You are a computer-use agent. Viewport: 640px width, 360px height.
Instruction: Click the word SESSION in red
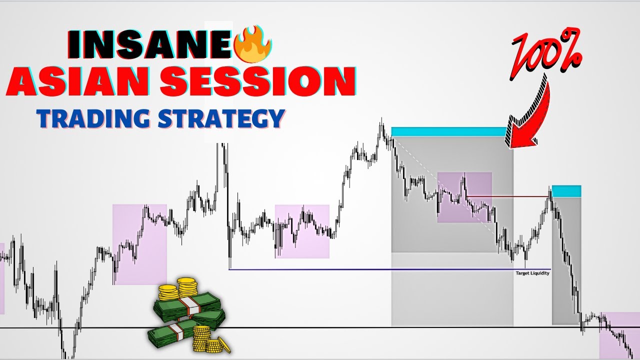(257, 81)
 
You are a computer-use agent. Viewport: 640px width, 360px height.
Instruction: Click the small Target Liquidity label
(532, 273)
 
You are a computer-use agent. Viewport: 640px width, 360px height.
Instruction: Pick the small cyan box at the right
(566, 191)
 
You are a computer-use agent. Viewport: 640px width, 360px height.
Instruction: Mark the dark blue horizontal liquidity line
(350, 269)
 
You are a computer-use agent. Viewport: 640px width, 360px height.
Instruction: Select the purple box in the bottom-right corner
(619, 335)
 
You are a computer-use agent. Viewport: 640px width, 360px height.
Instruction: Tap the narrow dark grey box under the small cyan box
(566, 260)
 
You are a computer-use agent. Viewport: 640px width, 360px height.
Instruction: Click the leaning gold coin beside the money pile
(223, 345)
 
